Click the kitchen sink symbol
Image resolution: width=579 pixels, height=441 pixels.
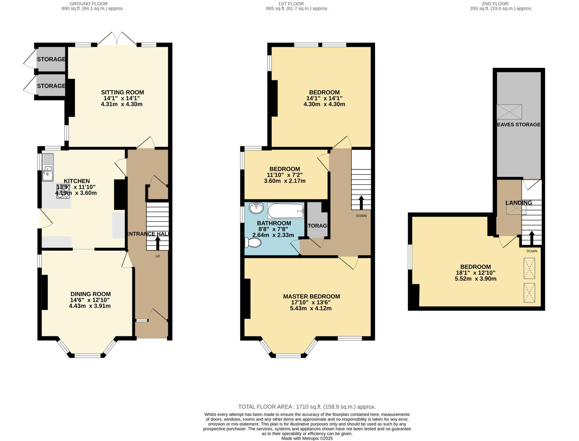[47, 167]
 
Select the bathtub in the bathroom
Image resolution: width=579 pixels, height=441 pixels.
[286, 211]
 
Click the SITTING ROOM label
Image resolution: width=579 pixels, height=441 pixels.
[122, 92]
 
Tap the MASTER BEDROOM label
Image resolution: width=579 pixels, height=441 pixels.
[312, 296]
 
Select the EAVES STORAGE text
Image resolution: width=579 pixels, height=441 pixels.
[518, 125]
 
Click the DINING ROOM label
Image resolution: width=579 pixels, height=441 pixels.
[90, 294]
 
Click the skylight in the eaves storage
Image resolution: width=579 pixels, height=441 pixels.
[509, 112]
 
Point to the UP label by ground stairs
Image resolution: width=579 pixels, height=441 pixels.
[158, 257]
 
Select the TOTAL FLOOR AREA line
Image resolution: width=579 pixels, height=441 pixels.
[307, 407]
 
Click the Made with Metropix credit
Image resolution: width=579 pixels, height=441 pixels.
[307, 438]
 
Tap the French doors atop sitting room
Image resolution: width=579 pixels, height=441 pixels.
[117, 39]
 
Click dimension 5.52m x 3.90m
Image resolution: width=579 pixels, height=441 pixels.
[476, 279]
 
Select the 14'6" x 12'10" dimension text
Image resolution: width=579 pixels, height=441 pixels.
[90, 300]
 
